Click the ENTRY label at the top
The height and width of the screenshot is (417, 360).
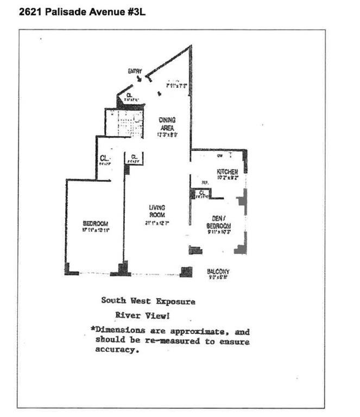coord(135,71)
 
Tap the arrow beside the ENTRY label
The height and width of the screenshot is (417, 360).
coord(140,79)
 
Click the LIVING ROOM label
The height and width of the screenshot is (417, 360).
coord(157,211)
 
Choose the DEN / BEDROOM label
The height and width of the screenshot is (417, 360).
coord(219,222)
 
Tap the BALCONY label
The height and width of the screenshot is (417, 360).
coord(218,271)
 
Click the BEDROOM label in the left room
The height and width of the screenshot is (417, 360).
coord(96,224)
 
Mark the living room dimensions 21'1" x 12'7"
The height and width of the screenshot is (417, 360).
coord(157,223)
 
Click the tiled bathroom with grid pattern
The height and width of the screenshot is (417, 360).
coord(122,123)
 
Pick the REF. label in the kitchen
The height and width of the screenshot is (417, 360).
coord(205,182)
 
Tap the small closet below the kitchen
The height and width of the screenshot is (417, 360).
coord(201,193)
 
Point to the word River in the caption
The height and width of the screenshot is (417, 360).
coord(127,314)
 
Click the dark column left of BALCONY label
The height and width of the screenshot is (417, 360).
coord(186,271)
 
